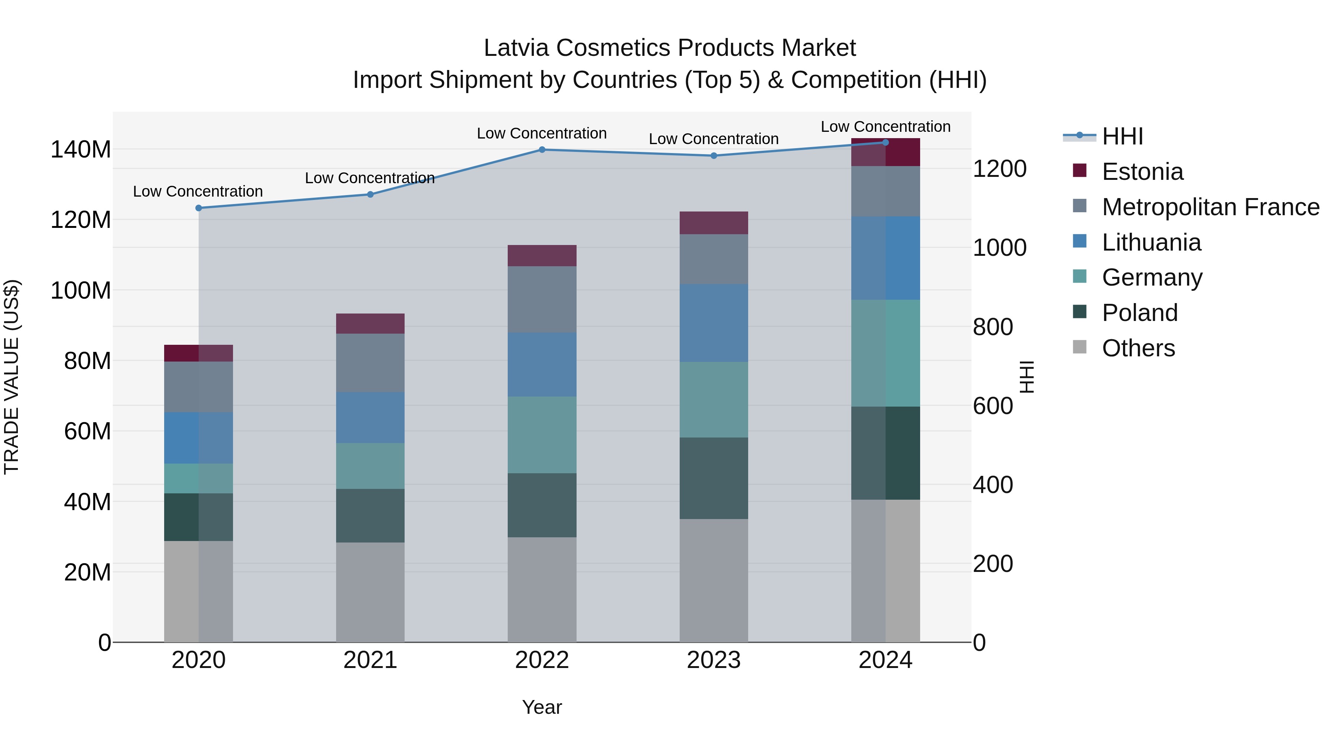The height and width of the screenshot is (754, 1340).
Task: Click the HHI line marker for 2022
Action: coord(542,150)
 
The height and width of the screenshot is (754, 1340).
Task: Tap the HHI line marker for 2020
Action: coord(198,208)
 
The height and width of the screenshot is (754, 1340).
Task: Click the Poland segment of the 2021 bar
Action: coord(370,515)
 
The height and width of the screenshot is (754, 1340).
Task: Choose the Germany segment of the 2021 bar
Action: coord(370,466)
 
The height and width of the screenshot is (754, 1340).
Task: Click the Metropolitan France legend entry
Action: coord(1210,207)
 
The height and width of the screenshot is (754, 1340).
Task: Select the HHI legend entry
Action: coord(1122,136)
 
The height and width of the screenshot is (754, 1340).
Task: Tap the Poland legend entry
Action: coord(1139,313)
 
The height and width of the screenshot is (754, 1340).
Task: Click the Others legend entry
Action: coord(1138,348)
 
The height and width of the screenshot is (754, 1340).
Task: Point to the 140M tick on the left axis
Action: coord(81,150)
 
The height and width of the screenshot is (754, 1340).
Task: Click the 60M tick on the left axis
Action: coord(87,432)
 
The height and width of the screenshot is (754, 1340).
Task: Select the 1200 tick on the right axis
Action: coord(999,169)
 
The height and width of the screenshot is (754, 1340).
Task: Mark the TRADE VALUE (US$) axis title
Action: coord(12,377)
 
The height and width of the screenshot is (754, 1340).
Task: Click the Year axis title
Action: coord(542,707)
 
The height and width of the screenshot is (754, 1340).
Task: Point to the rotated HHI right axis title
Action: coord(1026,377)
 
